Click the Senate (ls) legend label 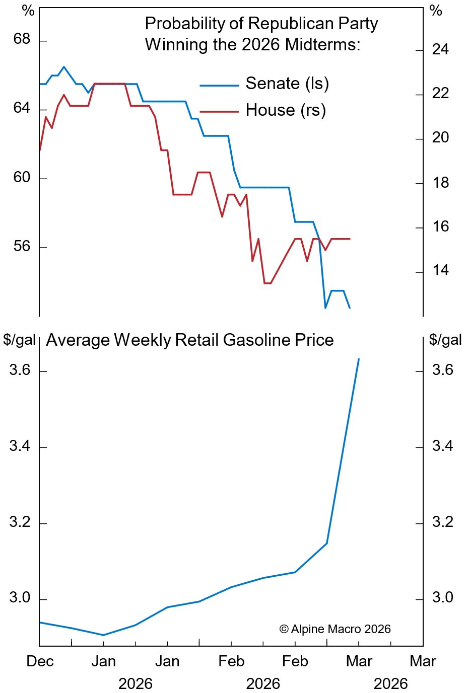point(287,84)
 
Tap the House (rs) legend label point(286,110)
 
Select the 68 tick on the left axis point(22,39)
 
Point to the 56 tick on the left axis point(22,247)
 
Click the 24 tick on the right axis point(440,50)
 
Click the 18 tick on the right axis point(440,183)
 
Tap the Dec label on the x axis point(40,661)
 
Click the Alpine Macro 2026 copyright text point(335,629)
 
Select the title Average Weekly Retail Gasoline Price point(190,340)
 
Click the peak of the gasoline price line point(359,359)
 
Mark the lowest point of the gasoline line point(103,635)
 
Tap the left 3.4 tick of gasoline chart point(20,446)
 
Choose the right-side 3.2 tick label point(443,522)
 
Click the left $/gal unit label point(19,340)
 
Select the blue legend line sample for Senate point(219,86)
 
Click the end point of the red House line point(350,239)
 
